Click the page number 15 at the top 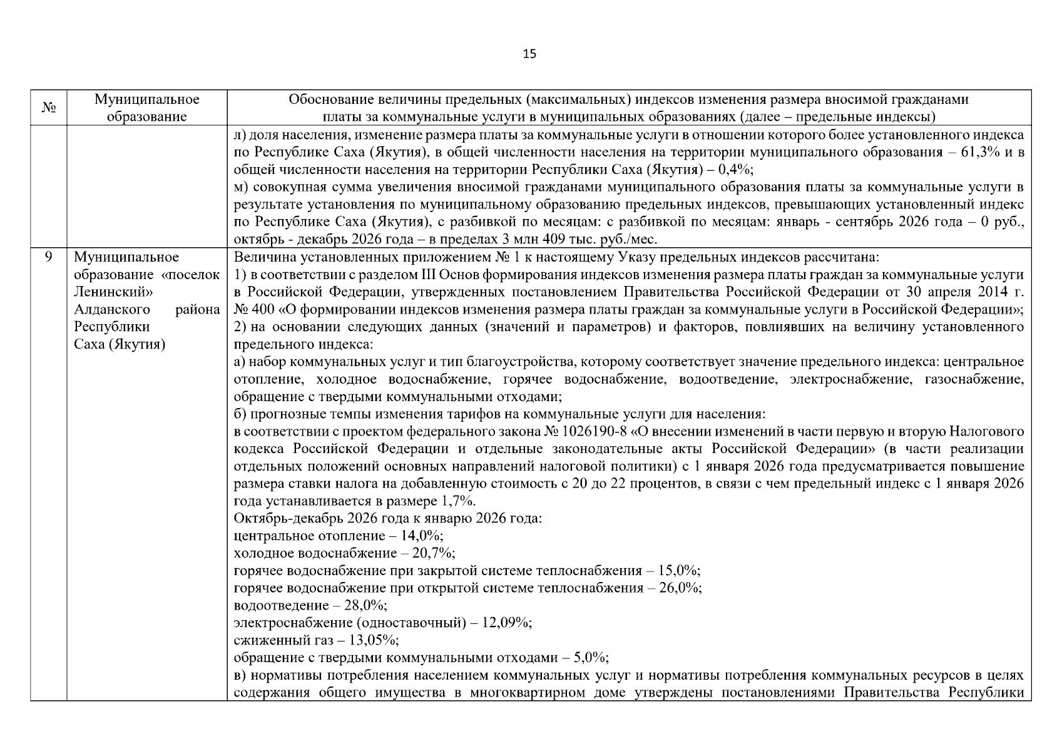point(529,54)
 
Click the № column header point(49,108)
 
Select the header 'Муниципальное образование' point(146,108)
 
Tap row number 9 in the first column point(49,257)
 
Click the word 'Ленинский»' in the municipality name point(113,292)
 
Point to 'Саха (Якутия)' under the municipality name point(120,345)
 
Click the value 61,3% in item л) point(971,152)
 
